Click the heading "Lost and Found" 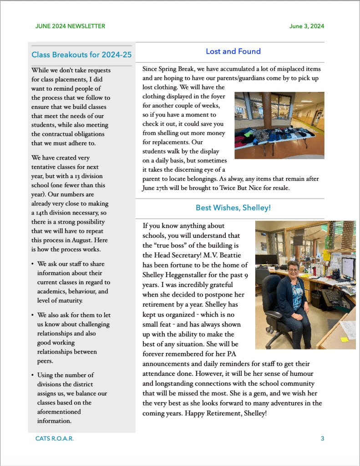click(233, 51)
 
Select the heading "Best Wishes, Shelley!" click(233, 208)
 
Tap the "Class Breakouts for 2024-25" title click(81, 55)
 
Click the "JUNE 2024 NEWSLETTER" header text click(70, 26)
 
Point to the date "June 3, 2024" click(307, 26)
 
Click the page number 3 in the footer click(322, 439)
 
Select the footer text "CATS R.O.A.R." click(54, 439)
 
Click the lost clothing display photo click(279, 125)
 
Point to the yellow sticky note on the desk click(345, 339)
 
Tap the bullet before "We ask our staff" click(33, 264)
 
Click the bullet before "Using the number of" click(33, 375)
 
